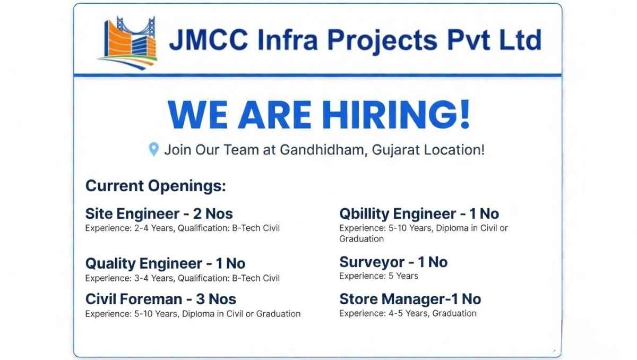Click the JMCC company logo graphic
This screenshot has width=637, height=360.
tap(128, 40)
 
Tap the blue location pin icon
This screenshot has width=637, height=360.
tap(153, 149)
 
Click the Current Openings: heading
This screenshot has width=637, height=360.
tap(156, 186)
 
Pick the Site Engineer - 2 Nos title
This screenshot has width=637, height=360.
tap(159, 214)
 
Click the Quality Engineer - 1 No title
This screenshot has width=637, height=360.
tap(165, 263)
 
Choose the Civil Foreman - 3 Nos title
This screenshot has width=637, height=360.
tap(160, 299)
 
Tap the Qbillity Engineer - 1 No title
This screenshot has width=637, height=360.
tap(419, 214)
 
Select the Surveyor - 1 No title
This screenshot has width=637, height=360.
tap(393, 262)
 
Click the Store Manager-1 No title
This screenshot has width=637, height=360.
tap(410, 299)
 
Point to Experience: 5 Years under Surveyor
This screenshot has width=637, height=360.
tap(378, 276)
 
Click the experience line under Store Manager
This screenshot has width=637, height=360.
tap(408, 313)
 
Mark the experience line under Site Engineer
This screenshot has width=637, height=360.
tap(182, 228)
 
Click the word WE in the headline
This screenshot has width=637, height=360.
tap(197, 114)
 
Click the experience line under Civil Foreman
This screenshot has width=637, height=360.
tap(193, 314)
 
